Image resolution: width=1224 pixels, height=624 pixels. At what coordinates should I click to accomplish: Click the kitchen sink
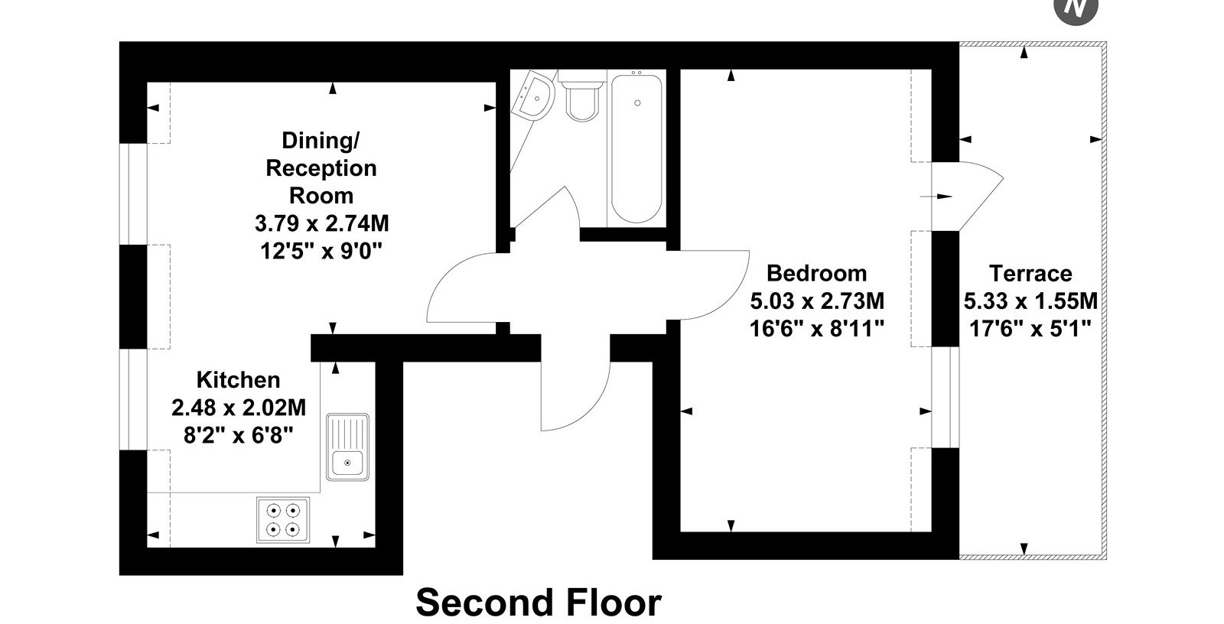tap(347, 447)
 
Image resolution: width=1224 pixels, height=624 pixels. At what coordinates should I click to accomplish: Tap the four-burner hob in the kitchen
tap(283, 520)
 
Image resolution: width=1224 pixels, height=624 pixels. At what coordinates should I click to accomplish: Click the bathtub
tap(636, 148)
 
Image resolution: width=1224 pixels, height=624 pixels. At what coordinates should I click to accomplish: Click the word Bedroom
tap(816, 273)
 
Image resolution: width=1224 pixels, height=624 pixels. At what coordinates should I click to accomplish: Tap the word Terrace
tap(1030, 273)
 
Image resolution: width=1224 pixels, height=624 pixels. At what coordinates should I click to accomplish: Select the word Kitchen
tap(238, 380)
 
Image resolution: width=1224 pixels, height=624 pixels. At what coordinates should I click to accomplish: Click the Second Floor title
tap(539, 602)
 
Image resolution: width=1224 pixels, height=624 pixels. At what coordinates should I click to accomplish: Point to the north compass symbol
tap(1076, 8)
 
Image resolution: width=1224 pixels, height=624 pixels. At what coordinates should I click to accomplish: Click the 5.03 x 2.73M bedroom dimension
tap(817, 301)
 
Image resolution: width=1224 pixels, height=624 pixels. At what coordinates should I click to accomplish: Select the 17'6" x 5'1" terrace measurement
tap(1030, 329)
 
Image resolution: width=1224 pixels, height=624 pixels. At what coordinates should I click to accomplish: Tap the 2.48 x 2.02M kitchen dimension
tap(238, 408)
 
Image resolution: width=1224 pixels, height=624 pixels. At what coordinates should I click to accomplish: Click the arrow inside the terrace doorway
tap(936, 197)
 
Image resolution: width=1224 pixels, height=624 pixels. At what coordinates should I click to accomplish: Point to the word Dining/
tap(321, 141)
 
